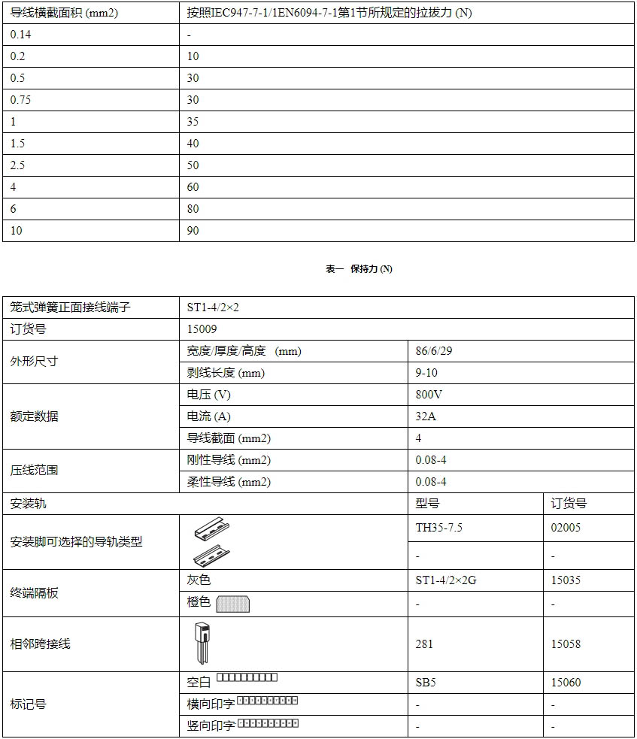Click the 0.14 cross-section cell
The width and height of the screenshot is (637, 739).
pos(21,35)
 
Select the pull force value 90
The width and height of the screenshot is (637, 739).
pos(193,231)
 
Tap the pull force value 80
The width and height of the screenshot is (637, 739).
pos(193,209)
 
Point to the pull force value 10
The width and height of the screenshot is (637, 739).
pos(193,56)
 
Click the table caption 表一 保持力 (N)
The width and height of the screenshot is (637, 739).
pos(359,269)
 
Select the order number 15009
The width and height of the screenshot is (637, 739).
pos(202,329)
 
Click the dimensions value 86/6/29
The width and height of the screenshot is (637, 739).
pos(435,351)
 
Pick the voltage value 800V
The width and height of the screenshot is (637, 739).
pos(429,395)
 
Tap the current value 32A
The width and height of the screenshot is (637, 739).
pos(426,416)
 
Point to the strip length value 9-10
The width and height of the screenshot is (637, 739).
pos(426,373)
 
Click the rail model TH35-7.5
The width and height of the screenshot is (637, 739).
pos(439,528)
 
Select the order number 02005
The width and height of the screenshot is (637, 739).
pos(566,528)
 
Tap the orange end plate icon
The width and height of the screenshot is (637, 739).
pos(232,604)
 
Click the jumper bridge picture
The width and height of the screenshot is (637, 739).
pos(202,644)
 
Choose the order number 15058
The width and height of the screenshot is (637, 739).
pos(566,644)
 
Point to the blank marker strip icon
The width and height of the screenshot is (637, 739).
pos(247,678)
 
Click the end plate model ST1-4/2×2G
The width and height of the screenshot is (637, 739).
pos(446,580)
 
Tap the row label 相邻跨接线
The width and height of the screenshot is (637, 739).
pos(40,644)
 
